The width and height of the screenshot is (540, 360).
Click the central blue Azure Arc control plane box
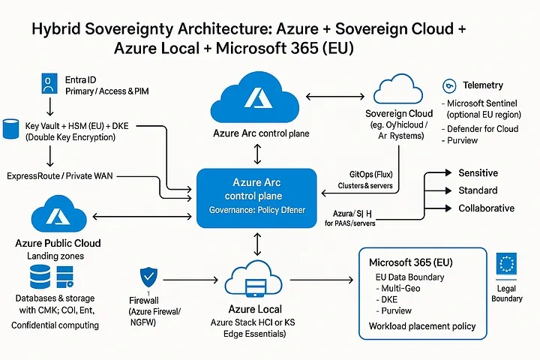(x=258, y=197)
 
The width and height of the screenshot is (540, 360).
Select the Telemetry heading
(x=483, y=85)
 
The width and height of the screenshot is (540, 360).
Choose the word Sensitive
(x=478, y=172)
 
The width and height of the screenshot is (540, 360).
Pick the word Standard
(x=478, y=190)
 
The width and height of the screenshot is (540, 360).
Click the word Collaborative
(x=486, y=208)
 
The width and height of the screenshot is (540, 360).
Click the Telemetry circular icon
(x=450, y=85)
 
